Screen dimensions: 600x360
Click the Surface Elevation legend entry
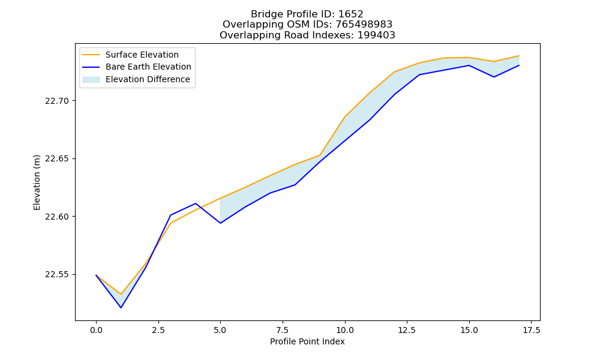(x=130, y=55)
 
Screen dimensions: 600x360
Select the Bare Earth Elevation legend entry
(x=137, y=67)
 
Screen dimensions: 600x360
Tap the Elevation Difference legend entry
(x=136, y=80)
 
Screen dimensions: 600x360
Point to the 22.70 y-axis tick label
(x=57, y=101)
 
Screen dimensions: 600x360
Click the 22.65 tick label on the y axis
(x=57, y=159)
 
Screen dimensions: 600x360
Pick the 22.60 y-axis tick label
(x=57, y=217)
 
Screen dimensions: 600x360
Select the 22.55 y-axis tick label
(x=57, y=275)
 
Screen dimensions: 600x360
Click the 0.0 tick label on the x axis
(x=96, y=330)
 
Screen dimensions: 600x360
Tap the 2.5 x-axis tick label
(x=158, y=330)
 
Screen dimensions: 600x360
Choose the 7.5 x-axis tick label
(x=283, y=330)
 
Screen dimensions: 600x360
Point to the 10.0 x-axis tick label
(x=345, y=330)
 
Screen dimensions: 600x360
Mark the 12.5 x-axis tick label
(x=407, y=330)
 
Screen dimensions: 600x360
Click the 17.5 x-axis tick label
(x=532, y=330)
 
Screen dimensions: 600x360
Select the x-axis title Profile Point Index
(x=307, y=341)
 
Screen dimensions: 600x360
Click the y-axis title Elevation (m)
(x=37, y=182)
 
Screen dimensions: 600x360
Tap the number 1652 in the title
(x=351, y=14)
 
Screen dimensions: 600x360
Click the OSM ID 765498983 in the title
(x=364, y=25)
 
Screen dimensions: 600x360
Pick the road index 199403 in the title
(x=376, y=35)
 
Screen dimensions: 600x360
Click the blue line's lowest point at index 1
(x=121, y=308)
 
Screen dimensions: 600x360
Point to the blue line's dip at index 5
(x=220, y=223)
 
